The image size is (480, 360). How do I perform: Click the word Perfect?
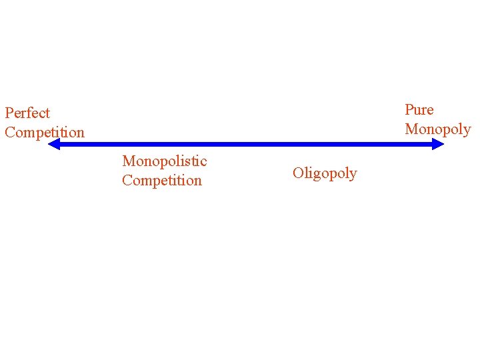coord(27,113)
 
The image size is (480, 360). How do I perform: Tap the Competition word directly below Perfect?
coord(45,133)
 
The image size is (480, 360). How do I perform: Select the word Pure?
coord(419,110)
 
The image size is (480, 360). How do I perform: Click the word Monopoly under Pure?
coord(438,129)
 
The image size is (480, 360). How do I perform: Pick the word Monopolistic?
coord(165,161)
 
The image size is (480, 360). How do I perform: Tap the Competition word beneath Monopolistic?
coord(162,181)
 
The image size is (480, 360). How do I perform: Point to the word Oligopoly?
coord(325,173)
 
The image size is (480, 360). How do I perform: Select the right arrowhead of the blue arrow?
coord(439,143)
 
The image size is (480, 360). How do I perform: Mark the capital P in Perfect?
coord(9,113)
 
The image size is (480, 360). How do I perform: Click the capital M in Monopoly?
coord(411,129)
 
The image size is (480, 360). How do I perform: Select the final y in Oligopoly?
coord(353,175)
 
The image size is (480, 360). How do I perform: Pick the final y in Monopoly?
coord(467,131)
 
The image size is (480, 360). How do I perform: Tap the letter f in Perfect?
coord(31,113)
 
